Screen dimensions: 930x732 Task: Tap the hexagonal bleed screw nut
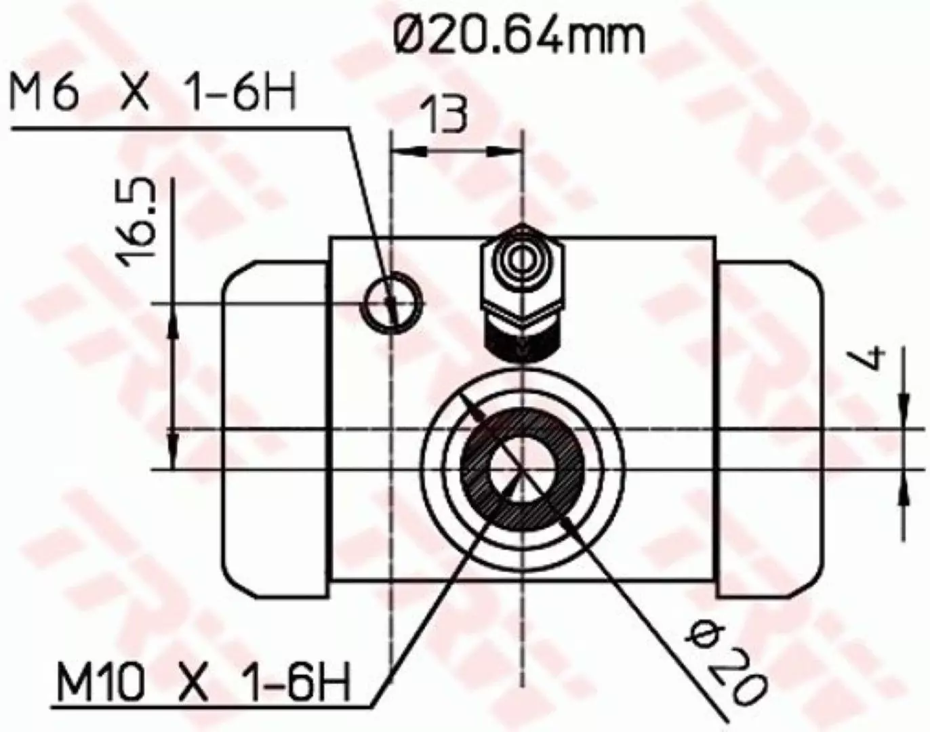(523, 277)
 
